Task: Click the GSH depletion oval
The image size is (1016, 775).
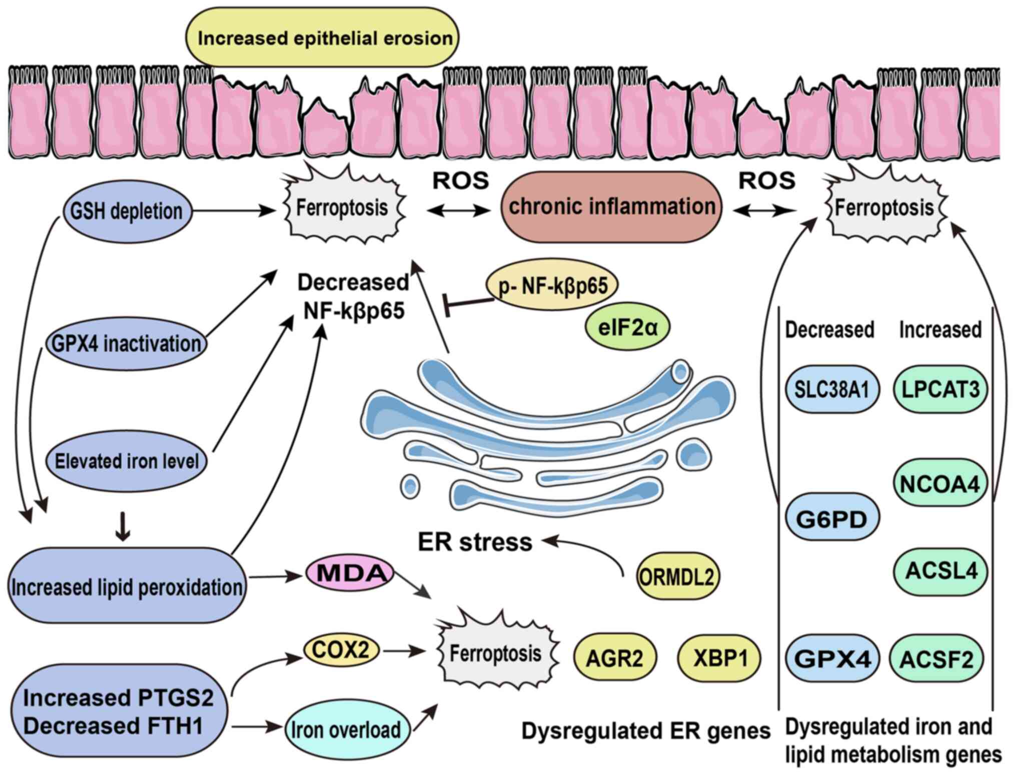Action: click(127, 211)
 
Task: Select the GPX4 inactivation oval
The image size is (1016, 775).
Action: click(126, 343)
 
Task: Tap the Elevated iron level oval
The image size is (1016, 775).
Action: click(126, 460)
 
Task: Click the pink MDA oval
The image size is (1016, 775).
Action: click(350, 573)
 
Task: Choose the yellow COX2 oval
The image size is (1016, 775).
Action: click(341, 650)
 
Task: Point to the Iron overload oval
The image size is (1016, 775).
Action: click(347, 729)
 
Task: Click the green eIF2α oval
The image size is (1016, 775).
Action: click(627, 327)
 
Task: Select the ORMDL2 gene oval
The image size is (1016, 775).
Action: click(677, 577)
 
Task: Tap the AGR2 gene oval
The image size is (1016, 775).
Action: click(614, 658)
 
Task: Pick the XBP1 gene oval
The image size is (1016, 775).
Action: click(719, 658)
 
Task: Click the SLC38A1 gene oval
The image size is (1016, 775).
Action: click(832, 389)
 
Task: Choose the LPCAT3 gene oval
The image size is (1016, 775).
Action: click(940, 389)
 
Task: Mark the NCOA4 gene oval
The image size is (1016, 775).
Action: click(940, 483)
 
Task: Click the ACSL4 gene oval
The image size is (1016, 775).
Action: click(940, 571)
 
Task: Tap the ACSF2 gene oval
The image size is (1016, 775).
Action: click(936, 659)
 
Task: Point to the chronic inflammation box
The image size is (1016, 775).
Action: click(611, 206)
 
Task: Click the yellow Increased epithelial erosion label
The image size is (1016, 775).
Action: click(323, 37)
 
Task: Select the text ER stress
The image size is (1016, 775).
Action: click(475, 542)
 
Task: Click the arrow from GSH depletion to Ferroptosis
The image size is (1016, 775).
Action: click(233, 210)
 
